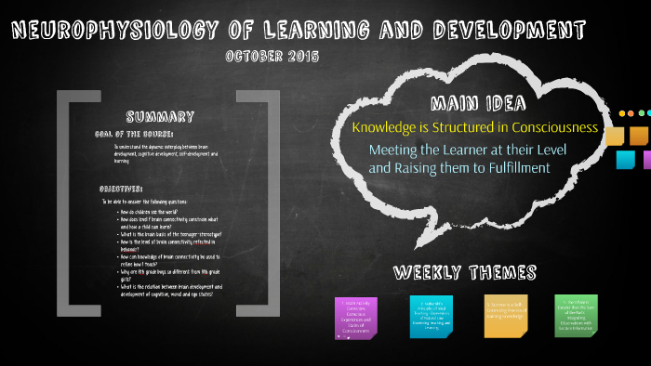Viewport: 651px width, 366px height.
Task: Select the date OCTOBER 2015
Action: (272, 56)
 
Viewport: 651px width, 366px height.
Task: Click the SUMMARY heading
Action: (160, 117)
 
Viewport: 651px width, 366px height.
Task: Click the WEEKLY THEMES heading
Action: (465, 272)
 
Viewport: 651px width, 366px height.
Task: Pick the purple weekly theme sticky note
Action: (355, 318)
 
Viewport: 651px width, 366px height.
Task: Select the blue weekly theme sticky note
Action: (431, 318)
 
